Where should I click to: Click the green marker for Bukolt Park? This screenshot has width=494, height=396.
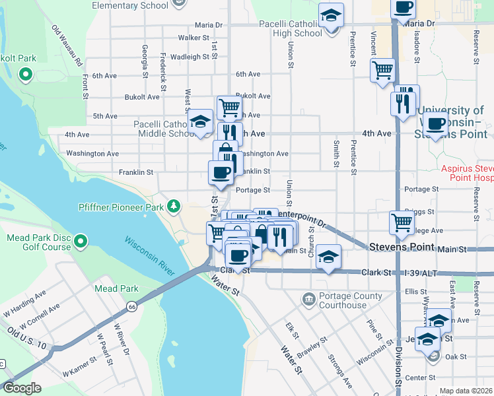(x=26, y=75)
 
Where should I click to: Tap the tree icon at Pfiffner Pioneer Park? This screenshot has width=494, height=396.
(x=174, y=207)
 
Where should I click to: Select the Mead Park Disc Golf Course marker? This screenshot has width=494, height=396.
(x=81, y=242)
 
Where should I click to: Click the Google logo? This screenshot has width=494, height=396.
(x=21, y=388)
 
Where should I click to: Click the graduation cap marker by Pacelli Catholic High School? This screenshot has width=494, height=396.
(x=331, y=15)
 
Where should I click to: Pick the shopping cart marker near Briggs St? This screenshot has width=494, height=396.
(x=402, y=223)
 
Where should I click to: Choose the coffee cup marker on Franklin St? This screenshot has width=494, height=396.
(x=221, y=173)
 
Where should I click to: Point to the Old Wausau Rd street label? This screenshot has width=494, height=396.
(x=68, y=46)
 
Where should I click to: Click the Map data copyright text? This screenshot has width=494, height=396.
(x=465, y=391)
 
